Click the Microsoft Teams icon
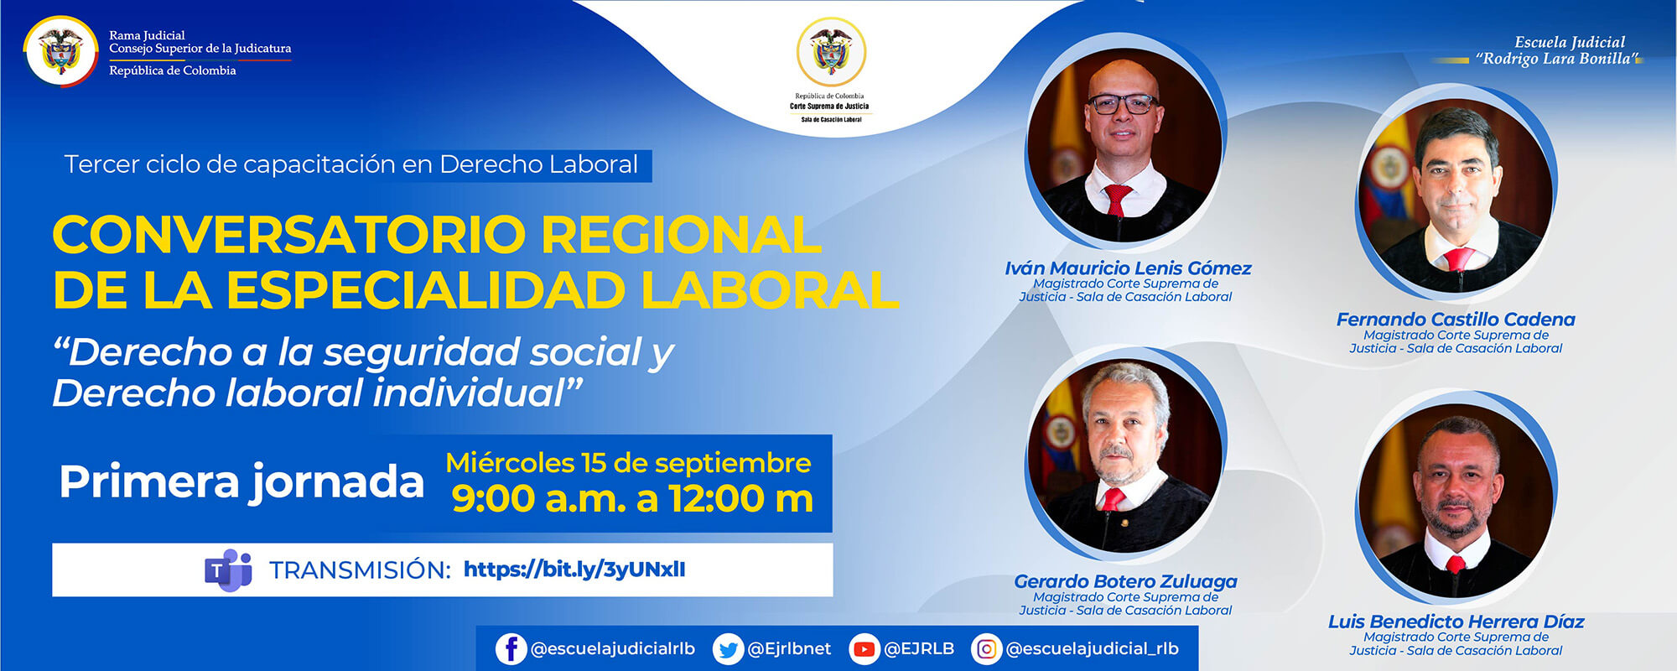coord(228,570)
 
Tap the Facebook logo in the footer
coord(511,649)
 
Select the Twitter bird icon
coord(728,649)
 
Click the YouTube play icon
coord(863,649)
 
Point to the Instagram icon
coord(987,649)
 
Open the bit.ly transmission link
coord(574,570)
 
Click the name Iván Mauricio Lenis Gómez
coord(1127,268)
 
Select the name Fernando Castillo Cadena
coord(1456,320)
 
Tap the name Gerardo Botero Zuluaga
coord(1125,581)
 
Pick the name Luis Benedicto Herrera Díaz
coord(1456,622)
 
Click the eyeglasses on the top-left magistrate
coord(1123,104)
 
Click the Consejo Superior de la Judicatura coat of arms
coord(61,52)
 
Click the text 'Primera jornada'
coord(241,482)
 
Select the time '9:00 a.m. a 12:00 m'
coord(632,499)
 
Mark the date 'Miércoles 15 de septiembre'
coord(628,463)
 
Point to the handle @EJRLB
coord(919,649)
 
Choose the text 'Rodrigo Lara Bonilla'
coord(1558,59)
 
